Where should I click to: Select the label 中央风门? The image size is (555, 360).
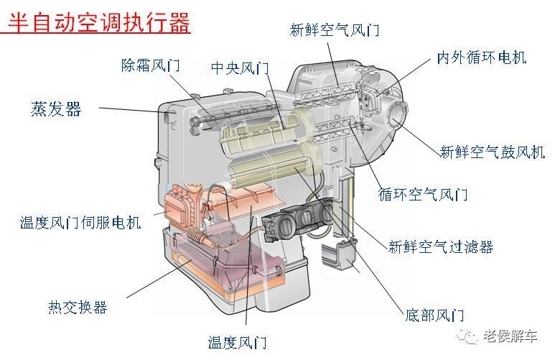[x=240, y=68]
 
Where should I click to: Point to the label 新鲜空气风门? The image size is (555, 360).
[x=334, y=30]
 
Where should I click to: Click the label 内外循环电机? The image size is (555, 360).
[x=482, y=57]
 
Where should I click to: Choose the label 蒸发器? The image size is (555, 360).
[x=56, y=109]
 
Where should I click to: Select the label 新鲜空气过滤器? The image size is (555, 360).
[x=441, y=247]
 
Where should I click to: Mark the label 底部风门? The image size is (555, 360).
[x=434, y=315]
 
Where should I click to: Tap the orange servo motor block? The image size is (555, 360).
[x=182, y=208]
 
